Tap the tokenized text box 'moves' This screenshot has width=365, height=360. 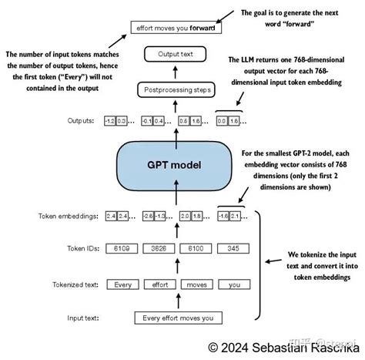click(x=196, y=284)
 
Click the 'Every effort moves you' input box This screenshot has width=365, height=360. click(x=178, y=318)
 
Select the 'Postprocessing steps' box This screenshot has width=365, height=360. click(x=178, y=90)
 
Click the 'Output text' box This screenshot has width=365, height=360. click(x=178, y=56)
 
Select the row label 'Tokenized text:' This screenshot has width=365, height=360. click(x=74, y=284)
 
